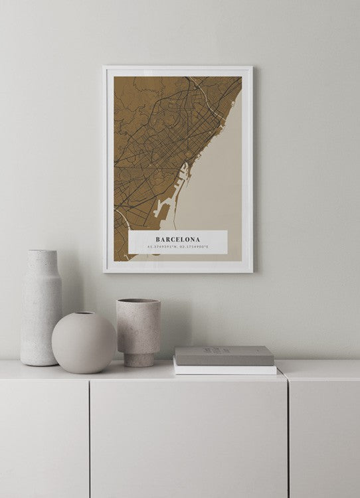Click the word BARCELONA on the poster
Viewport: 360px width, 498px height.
tap(177, 239)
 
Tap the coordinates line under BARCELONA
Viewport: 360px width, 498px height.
tap(177, 248)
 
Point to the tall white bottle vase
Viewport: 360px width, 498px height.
tap(41, 312)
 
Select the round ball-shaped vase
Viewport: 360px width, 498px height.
tap(84, 343)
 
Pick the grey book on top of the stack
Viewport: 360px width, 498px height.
tap(225, 355)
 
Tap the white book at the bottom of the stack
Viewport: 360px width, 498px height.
tap(225, 369)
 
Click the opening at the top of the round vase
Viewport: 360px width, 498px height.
tap(84, 313)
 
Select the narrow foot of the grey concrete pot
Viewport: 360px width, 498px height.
tap(139, 360)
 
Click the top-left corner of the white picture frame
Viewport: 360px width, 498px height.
tap(105, 67)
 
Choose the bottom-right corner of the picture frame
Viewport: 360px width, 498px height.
tap(251, 272)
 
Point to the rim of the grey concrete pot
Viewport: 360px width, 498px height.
tap(138, 301)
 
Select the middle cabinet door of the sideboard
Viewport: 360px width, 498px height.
tap(189, 438)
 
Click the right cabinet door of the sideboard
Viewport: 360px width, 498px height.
tap(325, 438)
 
